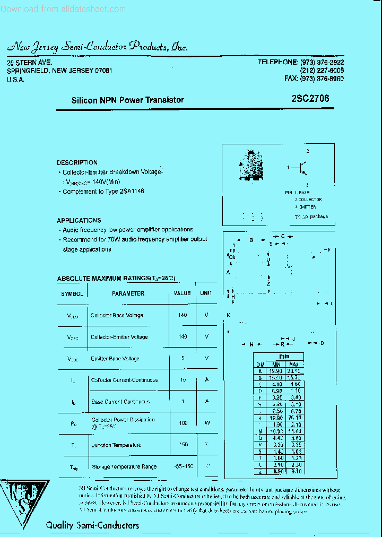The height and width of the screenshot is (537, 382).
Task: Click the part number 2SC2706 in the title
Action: pos(310,99)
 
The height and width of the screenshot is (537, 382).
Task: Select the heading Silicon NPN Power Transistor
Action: pos(127,100)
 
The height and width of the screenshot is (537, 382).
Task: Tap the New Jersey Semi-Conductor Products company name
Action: pos(98,47)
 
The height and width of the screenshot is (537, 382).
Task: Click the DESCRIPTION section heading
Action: pos(77,162)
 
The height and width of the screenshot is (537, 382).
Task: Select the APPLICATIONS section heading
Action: pos(79,220)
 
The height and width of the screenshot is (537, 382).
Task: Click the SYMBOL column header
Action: pos(72,293)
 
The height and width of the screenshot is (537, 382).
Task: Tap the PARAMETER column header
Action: pos(128,293)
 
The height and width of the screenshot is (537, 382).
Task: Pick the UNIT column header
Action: pos(206,293)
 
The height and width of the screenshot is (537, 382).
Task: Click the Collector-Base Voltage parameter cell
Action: pos(117,315)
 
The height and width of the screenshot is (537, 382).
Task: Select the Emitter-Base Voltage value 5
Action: pos(183,359)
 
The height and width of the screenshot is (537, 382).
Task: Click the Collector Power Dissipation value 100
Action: pos(183,423)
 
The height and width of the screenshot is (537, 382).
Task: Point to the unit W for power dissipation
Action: pos(206,423)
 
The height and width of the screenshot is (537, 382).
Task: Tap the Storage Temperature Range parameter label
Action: pos(124,466)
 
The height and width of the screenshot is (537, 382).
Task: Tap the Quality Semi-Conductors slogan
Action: pos(92,525)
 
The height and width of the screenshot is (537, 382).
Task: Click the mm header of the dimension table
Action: pos(284,357)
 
